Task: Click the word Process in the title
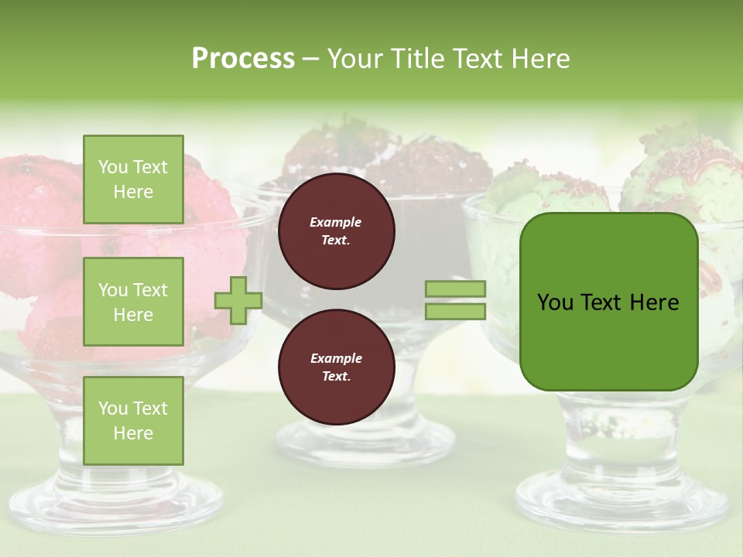(x=243, y=58)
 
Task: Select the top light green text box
(x=133, y=179)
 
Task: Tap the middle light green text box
(x=133, y=302)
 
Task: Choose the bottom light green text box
(x=133, y=421)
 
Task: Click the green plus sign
(x=238, y=300)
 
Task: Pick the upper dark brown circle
(x=336, y=231)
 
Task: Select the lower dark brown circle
(x=336, y=367)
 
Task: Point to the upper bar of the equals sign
(x=455, y=289)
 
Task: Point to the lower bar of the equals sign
(x=455, y=311)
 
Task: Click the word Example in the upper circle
(x=336, y=222)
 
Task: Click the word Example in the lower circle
(x=336, y=358)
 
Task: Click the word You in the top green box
(x=113, y=167)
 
